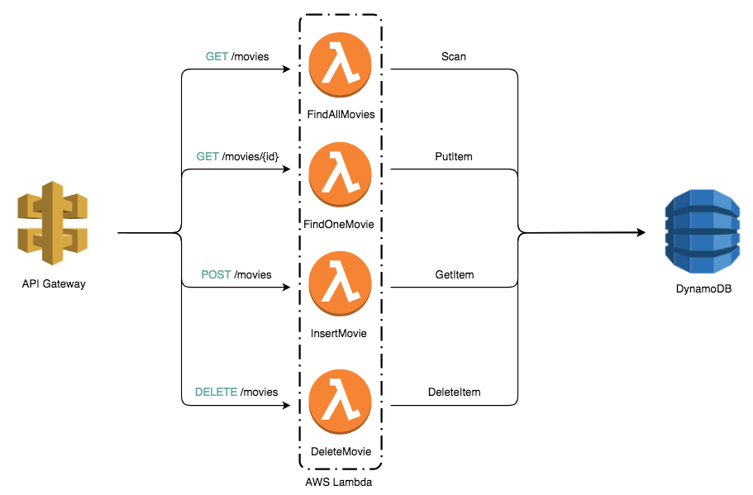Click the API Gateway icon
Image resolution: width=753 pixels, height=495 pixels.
pyautogui.click(x=53, y=223)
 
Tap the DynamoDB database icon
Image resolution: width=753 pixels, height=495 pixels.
pyautogui.click(x=702, y=231)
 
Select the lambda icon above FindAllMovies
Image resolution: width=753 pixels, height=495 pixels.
pyautogui.click(x=340, y=64)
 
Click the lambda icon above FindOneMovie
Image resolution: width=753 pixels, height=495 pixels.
pyautogui.click(x=340, y=174)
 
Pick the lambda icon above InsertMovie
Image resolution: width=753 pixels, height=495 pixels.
pyautogui.click(x=340, y=283)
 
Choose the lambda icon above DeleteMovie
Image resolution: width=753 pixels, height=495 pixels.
pyautogui.click(x=340, y=402)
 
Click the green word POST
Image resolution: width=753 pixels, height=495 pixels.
pyautogui.click(x=216, y=274)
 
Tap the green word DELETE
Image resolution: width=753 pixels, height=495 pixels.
pyautogui.click(x=216, y=392)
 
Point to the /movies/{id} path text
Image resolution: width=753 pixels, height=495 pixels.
pyautogui.click(x=250, y=156)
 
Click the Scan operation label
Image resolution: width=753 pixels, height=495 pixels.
pyautogui.click(x=454, y=57)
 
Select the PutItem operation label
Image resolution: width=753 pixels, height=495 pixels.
pyautogui.click(x=454, y=156)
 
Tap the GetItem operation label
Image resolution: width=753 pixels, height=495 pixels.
pyautogui.click(x=455, y=274)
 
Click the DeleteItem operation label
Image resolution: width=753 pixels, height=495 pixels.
pyautogui.click(x=455, y=392)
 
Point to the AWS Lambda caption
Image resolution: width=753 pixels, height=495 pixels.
pyautogui.click(x=339, y=482)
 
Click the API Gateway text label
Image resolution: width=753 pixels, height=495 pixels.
pyautogui.click(x=54, y=283)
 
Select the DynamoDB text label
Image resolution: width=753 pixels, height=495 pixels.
pyautogui.click(x=703, y=289)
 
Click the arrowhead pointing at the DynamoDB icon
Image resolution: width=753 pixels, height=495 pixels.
pyautogui.click(x=641, y=232)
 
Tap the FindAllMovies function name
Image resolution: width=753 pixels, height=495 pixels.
pyautogui.click(x=341, y=114)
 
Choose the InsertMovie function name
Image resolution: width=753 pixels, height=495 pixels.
pyautogui.click(x=339, y=333)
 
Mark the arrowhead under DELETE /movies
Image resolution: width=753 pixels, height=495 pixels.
pyautogui.click(x=286, y=405)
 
